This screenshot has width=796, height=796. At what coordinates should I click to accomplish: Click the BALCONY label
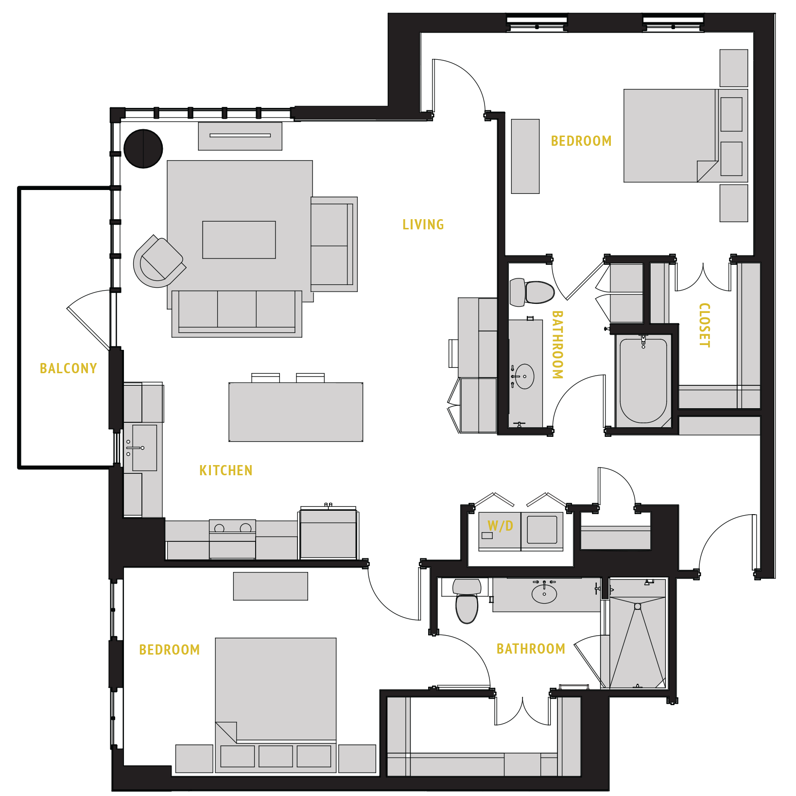(x=68, y=368)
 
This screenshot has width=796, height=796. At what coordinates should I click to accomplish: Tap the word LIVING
(x=423, y=225)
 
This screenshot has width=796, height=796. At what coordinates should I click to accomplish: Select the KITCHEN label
(x=225, y=470)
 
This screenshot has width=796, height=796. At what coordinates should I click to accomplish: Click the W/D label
(x=500, y=526)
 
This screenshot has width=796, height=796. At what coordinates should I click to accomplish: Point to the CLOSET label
(x=704, y=325)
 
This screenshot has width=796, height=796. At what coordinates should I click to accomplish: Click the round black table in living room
(x=143, y=149)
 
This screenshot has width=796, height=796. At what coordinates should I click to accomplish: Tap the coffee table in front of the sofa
(x=239, y=240)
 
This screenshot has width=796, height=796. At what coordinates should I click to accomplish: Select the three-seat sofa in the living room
(x=237, y=313)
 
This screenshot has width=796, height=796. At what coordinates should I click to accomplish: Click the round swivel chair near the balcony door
(x=158, y=262)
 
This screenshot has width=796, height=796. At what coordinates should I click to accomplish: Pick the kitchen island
(x=295, y=412)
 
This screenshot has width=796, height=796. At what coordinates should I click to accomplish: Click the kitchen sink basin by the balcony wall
(x=145, y=448)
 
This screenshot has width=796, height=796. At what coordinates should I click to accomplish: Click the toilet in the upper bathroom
(x=533, y=292)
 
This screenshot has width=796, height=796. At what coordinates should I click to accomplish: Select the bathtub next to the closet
(x=643, y=381)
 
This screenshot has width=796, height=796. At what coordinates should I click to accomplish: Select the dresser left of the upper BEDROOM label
(x=525, y=156)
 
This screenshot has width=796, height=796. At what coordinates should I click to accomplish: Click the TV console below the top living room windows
(x=240, y=136)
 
